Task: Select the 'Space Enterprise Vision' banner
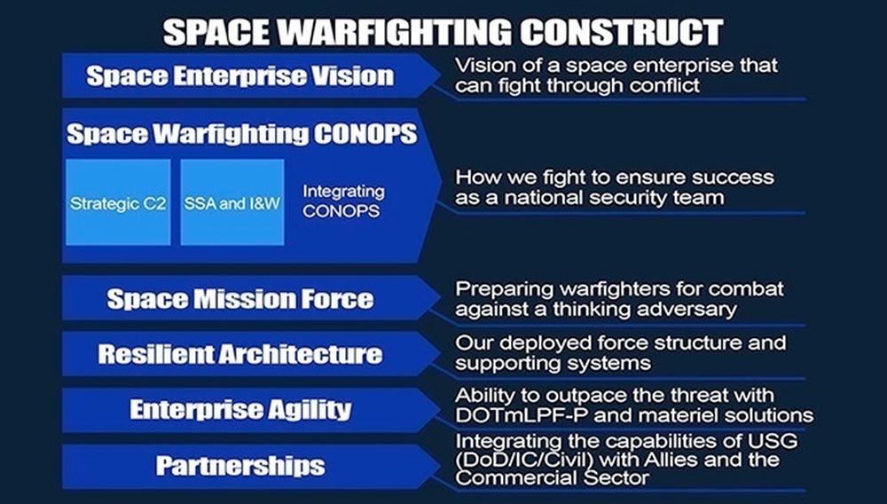point(239,75)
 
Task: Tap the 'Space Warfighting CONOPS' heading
point(242,135)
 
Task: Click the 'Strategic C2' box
point(118,203)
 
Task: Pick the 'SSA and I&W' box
point(232,203)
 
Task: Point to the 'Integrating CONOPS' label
point(343,201)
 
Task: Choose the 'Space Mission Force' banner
point(239,299)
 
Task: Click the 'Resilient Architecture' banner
point(239,354)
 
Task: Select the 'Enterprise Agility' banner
point(240,409)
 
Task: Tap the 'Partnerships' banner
point(240,465)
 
